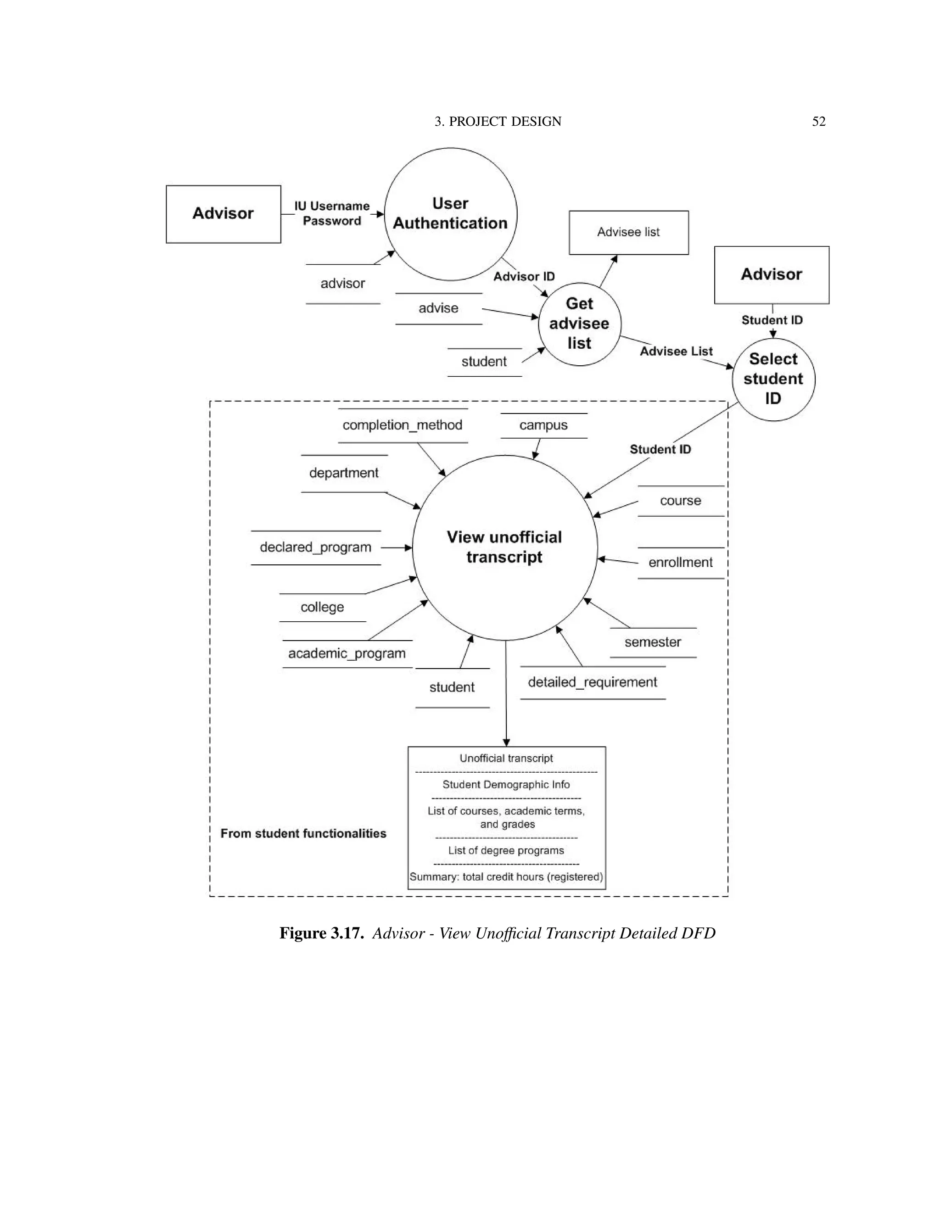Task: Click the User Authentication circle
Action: click(x=451, y=214)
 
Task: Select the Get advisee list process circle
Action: click(x=579, y=324)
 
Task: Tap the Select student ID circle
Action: click(x=773, y=379)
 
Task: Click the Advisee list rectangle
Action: click(x=628, y=232)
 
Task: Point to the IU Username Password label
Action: click(x=332, y=213)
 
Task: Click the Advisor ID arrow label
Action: click(x=524, y=277)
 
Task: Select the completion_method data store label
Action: click(x=402, y=425)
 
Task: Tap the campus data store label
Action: click(x=543, y=425)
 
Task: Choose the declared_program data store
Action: click(x=315, y=547)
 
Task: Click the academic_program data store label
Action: click(x=347, y=653)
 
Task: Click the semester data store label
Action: click(x=653, y=642)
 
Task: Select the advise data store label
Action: click(x=438, y=308)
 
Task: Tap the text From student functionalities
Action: click(x=303, y=833)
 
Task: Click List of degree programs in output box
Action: click(x=506, y=850)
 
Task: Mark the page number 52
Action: click(x=818, y=122)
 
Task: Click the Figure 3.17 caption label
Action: click(x=321, y=933)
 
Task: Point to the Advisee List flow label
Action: click(x=676, y=351)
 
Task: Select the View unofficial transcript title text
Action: click(x=504, y=547)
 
